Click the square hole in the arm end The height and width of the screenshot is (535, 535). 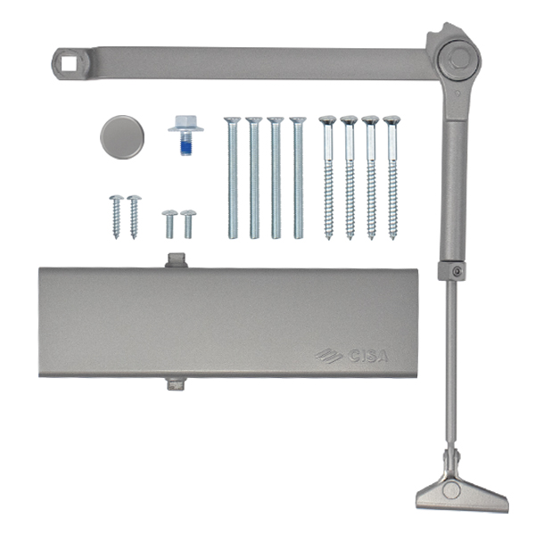click(69, 63)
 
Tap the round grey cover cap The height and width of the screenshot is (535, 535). click(122, 137)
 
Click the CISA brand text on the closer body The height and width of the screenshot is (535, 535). click(367, 356)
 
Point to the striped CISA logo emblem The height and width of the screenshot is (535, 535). click(329, 356)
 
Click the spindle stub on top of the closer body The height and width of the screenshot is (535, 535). click(177, 260)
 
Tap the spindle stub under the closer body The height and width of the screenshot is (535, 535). click(176, 383)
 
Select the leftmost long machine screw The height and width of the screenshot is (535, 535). click(233, 177)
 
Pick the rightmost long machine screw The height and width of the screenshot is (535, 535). click(298, 177)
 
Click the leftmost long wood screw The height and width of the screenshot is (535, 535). click(328, 177)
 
